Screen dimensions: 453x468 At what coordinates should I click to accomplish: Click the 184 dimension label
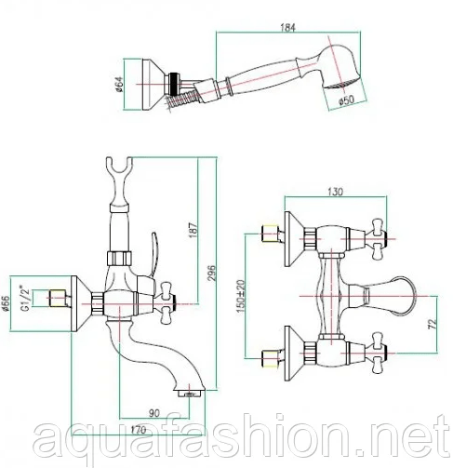[288, 27]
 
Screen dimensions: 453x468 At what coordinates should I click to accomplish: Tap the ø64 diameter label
[119, 84]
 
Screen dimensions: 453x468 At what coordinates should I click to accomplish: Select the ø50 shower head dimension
[346, 100]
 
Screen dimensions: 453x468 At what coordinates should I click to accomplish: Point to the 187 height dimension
[193, 230]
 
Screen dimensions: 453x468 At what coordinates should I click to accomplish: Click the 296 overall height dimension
[211, 273]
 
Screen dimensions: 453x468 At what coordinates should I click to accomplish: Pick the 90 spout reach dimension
[154, 413]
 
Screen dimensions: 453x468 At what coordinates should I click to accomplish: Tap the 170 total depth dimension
[139, 430]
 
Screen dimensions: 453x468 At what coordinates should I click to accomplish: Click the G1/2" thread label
[26, 299]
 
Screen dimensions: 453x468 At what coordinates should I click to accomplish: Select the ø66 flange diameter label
[6, 303]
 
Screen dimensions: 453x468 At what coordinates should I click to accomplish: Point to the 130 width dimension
[336, 192]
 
